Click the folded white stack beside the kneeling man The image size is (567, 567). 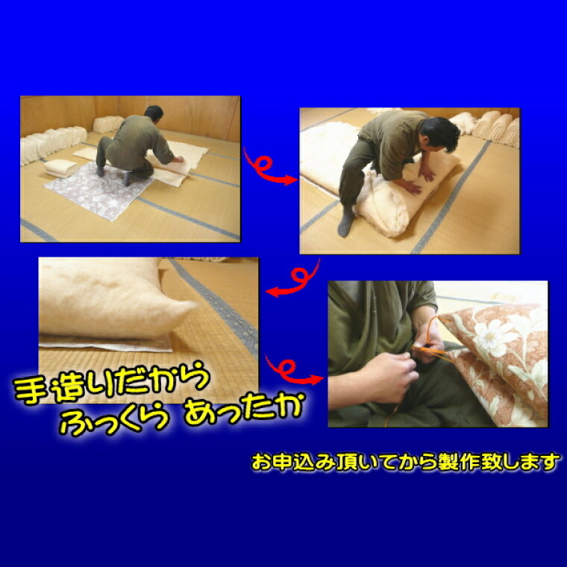click(x=60, y=169)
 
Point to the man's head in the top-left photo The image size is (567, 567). click(x=154, y=113)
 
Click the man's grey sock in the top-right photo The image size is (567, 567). click(x=346, y=221)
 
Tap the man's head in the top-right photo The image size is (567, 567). click(x=439, y=134)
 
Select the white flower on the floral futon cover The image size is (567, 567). click(x=491, y=336)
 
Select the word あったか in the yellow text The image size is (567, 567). click(x=243, y=410)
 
